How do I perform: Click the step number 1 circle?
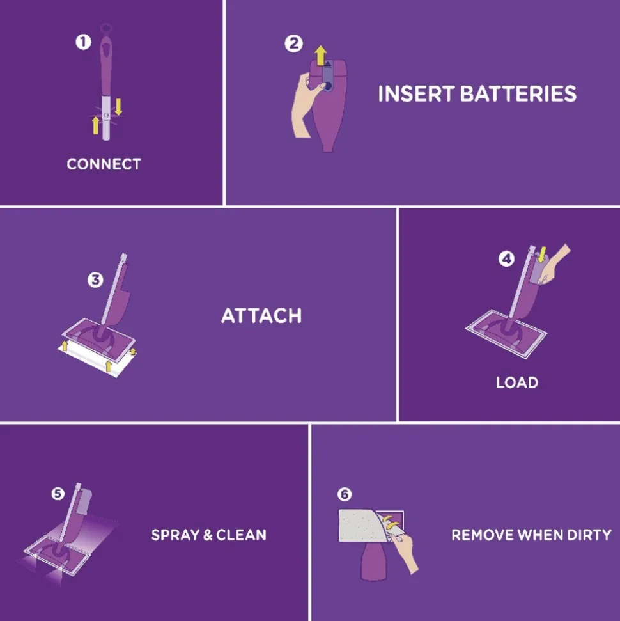click(x=83, y=42)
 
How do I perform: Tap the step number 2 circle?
click(x=293, y=43)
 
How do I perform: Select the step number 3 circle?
click(x=95, y=280)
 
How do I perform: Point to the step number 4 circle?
click(x=506, y=260)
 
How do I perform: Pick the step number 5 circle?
click(x=58, y=494)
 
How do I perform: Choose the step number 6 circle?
click(x=345, y=494)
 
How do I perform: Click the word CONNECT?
click(x=104, y=164)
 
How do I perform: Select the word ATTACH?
click(x=261, y=315)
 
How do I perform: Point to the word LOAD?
click(x=516, y=382)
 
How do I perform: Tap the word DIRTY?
click(x=588, y=535)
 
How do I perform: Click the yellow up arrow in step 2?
click(x=320, y=54)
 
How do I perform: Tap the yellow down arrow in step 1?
click(x=118, y=106)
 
